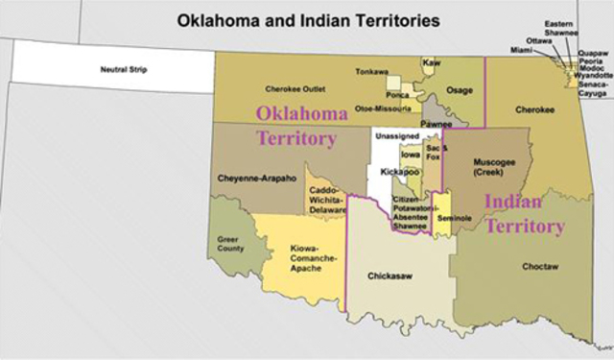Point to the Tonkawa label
pos(371,72)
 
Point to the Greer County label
pos(228,244)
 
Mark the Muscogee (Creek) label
pos(493,167)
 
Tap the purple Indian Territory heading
pos(524,214)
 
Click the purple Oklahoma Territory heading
pos(299,126)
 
